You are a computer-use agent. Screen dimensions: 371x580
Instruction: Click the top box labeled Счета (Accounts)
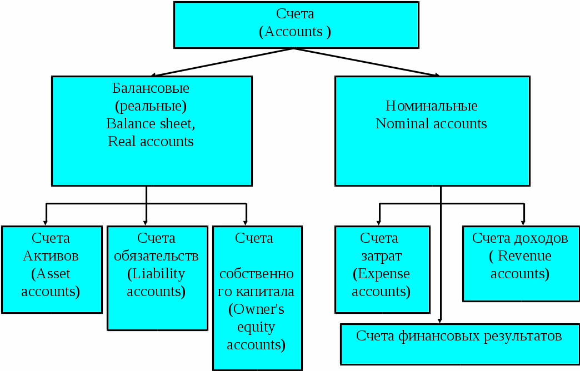coord(296,24)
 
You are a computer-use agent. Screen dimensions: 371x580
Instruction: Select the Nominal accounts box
coord(432,131)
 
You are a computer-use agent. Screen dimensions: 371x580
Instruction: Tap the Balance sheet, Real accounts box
coord(151,131)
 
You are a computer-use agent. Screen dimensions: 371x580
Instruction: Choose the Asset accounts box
coord(51,269)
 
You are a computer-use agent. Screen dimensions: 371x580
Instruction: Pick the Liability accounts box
coord(157,278)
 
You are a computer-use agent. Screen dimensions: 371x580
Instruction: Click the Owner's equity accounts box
coord(257,298)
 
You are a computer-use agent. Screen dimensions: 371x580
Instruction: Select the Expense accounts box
coord(382,269)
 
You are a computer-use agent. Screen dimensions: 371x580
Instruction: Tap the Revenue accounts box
coord(520,263)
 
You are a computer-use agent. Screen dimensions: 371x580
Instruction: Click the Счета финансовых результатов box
coord(459,344)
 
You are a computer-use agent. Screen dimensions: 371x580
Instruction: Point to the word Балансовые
coord(151,88)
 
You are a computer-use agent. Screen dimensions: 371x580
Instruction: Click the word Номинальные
coord(432,106)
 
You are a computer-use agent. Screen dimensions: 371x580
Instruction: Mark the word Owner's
coord(257,309)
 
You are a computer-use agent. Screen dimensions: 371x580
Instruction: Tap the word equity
coord(257,327)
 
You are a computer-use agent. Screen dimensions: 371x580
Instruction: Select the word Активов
coord(51,256)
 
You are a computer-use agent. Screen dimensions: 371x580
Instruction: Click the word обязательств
coord(157,256)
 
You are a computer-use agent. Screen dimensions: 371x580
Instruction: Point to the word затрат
coord(382,256)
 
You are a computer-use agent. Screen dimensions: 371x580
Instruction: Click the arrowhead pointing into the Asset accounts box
coord(46,222)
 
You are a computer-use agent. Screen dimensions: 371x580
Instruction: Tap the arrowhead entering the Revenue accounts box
coord(523,222)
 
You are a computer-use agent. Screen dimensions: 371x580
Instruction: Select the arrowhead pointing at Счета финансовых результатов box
coord(441,320)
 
